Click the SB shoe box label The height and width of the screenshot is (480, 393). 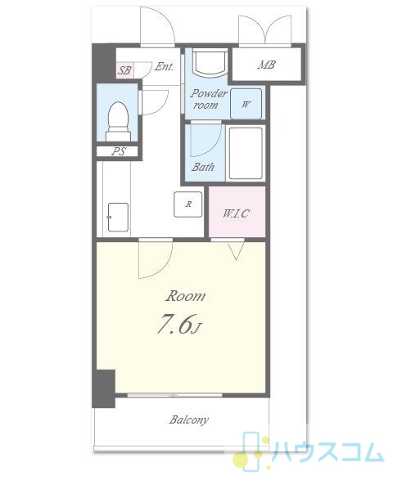(x=124, y=70)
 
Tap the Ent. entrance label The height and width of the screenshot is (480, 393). (x=164, y=66)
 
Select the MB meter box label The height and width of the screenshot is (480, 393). (x=266, y=65)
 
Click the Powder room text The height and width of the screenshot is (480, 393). (x=208, y=99)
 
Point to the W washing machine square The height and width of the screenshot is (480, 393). (x=246, y=104)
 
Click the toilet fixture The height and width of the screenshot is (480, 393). (x=118, y=122)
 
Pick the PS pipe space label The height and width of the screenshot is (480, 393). (x=119, y=151)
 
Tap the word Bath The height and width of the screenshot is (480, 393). (x=203, y=167)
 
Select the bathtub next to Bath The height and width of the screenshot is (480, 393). (x=246, y=153)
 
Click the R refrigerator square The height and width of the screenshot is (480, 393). (x=188, y=204)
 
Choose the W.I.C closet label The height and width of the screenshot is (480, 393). (x=236, y=213)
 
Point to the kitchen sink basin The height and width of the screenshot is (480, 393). (x=118, y=217)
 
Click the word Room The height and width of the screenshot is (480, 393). (x=185, y=296)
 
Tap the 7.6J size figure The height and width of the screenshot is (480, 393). (x=179, y=324)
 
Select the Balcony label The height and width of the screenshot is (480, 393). (x=189, y=419)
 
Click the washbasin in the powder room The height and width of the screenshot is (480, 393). (x=210, y=63)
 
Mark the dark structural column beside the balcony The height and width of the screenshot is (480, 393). (x=104, y=388)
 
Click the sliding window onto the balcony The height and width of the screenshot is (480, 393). (x=174, y=395)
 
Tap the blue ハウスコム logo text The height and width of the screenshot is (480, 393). (x=327, y=451)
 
